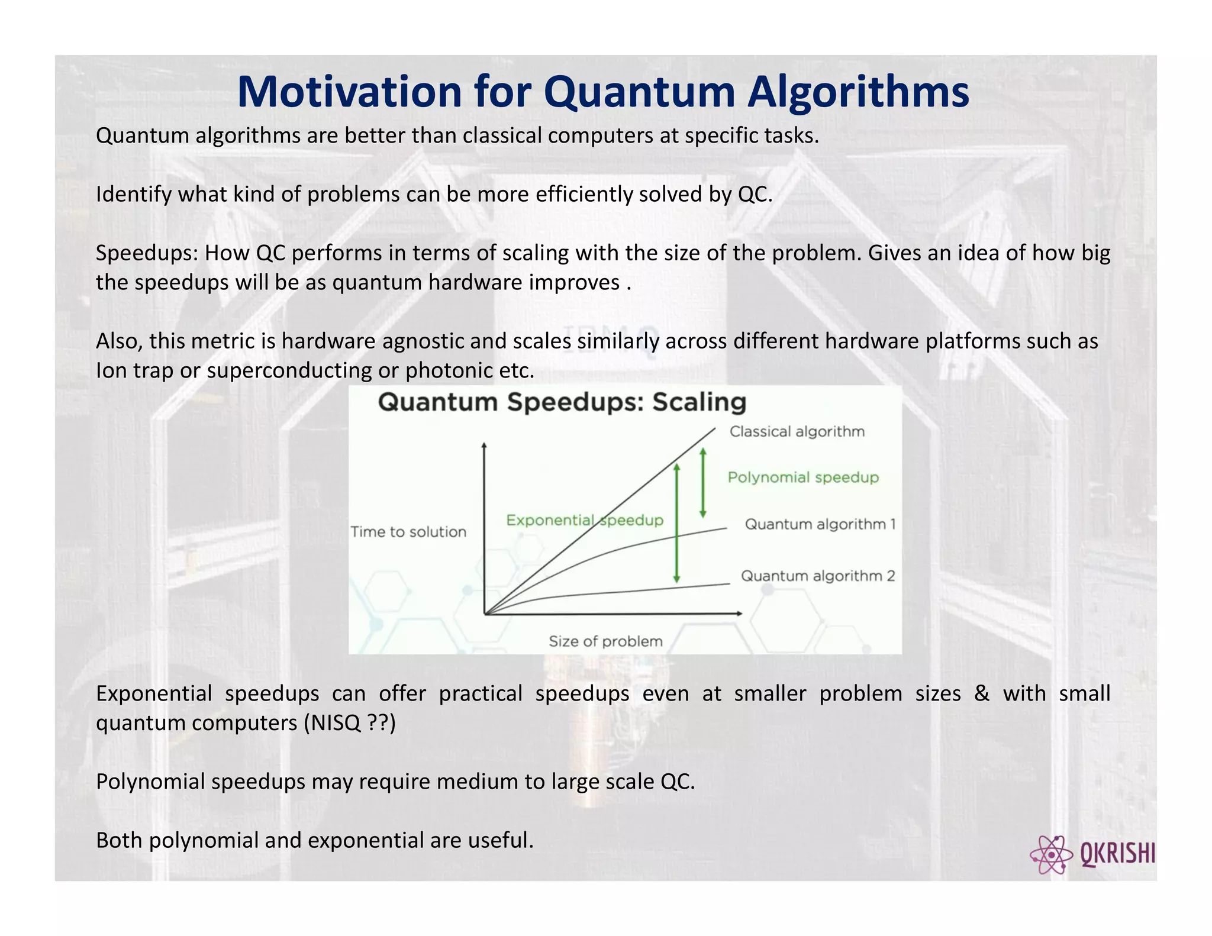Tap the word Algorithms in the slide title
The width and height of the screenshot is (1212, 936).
858,93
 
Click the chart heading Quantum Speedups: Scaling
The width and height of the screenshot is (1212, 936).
562,402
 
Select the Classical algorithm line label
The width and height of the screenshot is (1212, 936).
797,432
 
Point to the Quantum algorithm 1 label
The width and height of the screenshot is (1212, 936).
820,524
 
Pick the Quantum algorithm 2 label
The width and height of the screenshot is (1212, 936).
817,576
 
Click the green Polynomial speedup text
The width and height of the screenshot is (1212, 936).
803,477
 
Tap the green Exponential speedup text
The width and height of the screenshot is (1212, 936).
584,521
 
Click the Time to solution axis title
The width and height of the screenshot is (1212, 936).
408,532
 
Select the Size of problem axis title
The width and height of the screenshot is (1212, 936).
605,641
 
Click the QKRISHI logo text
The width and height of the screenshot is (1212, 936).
1117,854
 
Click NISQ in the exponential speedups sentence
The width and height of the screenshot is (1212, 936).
335,723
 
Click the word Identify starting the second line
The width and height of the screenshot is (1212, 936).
133,195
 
